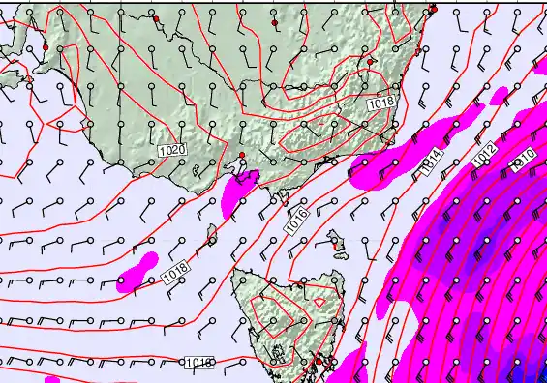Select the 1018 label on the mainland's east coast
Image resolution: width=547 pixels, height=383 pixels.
point(380,101)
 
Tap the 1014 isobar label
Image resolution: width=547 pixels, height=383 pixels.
point(431,162)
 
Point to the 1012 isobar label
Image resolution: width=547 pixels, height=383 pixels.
point(484,152)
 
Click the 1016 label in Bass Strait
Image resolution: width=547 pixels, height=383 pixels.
point(297,220)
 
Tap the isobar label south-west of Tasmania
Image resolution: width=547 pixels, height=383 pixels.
point(198,363)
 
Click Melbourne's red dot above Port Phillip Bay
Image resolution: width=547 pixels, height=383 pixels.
point(241,155)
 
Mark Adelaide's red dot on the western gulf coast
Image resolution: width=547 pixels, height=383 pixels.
point(45,46)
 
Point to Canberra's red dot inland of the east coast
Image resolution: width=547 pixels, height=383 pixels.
point(371,61)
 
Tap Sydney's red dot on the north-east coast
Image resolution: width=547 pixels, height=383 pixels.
point(433,10)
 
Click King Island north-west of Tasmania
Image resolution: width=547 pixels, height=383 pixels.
point(212,233)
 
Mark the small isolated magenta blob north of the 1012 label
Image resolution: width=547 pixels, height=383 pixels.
point(499,96)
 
